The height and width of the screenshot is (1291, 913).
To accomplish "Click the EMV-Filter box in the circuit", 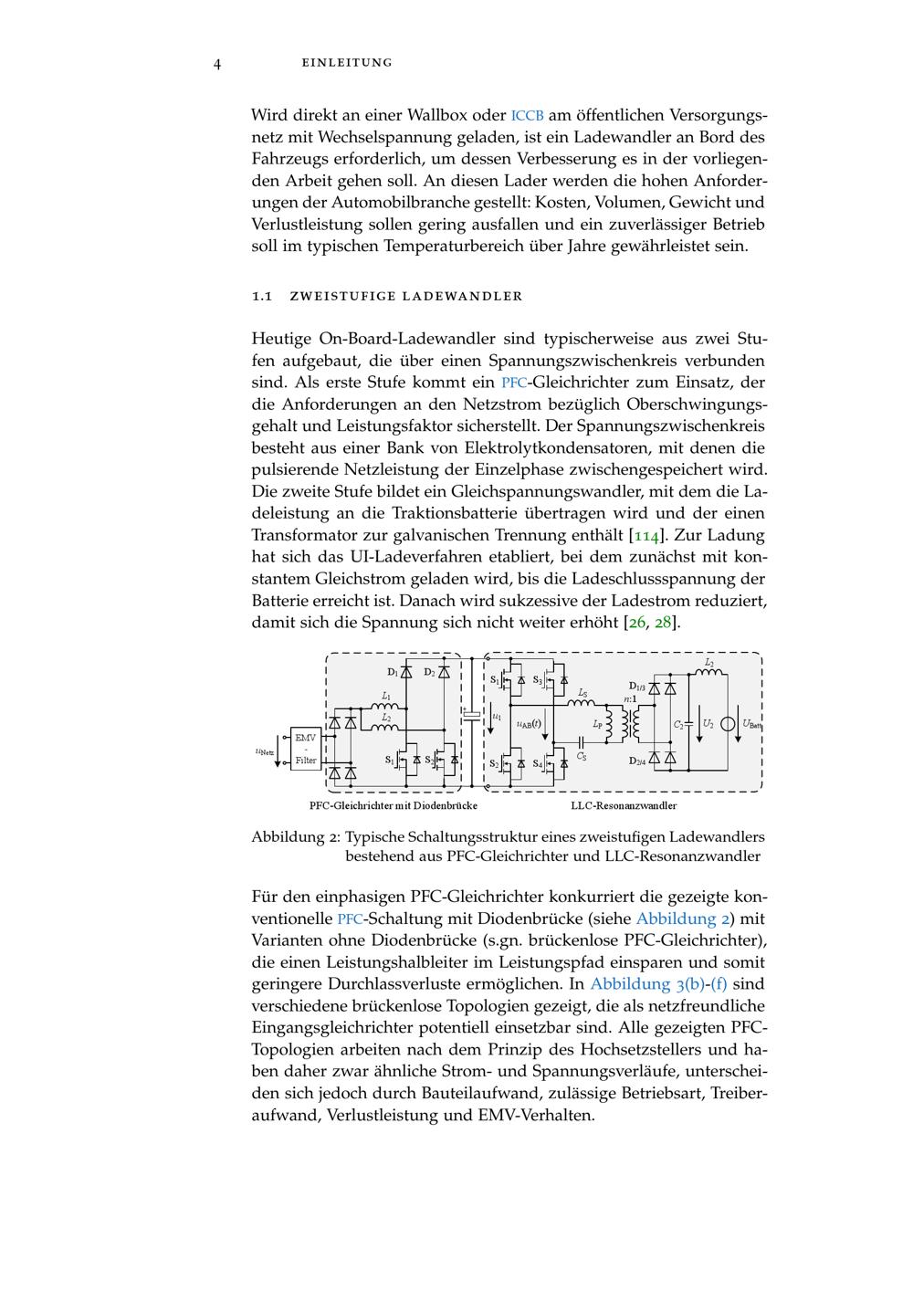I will pyautogui.click(x=306, y=749).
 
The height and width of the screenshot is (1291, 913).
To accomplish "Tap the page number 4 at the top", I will pyautogui.click(x=217, y=63).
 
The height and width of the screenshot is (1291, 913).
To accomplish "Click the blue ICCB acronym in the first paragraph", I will pyautogui.click(x=528, y=116).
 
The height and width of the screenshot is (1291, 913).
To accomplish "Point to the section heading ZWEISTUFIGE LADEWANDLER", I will pyautogui.click(x=405, y=296).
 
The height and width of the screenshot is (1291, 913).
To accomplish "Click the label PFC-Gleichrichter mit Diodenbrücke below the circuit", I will pyautogui.click(x=393, y=805).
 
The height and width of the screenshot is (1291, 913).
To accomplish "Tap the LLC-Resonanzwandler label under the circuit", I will pyautogui.click(x=624, y=805).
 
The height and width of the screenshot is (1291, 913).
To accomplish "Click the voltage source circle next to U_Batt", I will pyautogui.click(x=728, y=724).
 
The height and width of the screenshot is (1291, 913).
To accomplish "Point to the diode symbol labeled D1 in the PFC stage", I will pyautogui.click(x=406, y=673).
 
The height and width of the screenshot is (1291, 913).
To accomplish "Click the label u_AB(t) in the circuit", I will pyautogui.click(x=529, y=723).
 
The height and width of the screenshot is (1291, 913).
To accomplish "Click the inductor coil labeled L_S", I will pyautogui.click(x=582, y=703).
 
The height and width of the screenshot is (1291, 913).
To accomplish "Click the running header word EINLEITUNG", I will pyautogui.click(x=347, y=63).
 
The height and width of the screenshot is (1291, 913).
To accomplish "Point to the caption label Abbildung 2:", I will pyautogui.click(x=296, y=836).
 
